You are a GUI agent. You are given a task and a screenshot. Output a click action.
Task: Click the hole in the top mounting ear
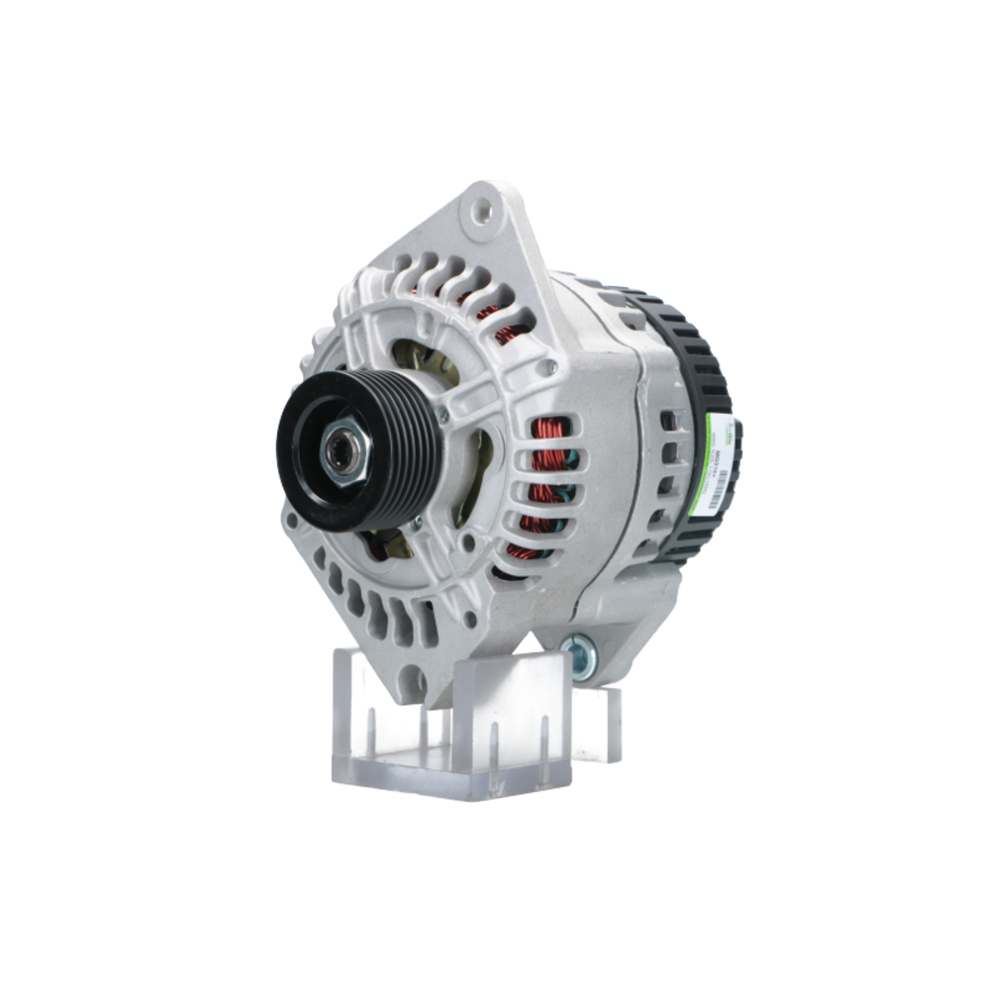[482, 209]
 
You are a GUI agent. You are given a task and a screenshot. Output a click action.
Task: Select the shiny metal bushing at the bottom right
[578, 654]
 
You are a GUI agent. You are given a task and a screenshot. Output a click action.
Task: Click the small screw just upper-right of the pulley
[442, 415]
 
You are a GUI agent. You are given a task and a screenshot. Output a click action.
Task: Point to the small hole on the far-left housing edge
[289, 519]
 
